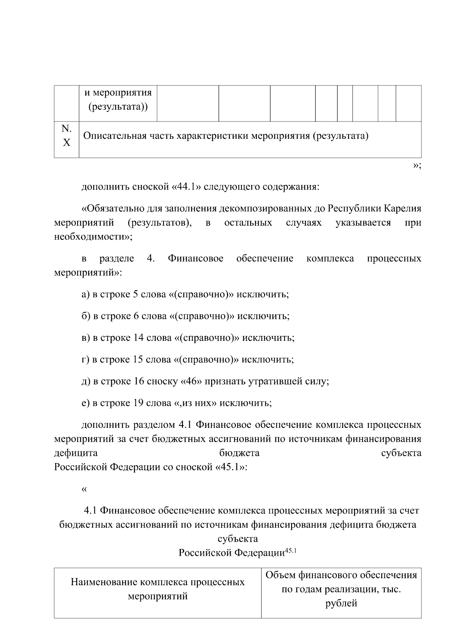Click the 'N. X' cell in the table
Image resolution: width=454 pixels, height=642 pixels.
tap(66, 136)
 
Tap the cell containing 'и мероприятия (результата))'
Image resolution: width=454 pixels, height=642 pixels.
tap(118, 100)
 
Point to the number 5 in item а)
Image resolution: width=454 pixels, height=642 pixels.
tap(135, 294)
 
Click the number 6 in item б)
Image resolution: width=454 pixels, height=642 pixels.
tap(136, 316)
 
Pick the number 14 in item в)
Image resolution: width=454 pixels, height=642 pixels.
tap(138, 338)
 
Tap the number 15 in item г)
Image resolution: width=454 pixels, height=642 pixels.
tap(138, 359)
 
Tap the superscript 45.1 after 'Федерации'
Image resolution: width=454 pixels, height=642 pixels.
tap(292, 551)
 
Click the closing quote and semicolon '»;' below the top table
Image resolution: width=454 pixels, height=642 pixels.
tap(417, 165)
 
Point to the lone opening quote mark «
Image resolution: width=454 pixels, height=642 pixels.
tap(84, 489)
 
